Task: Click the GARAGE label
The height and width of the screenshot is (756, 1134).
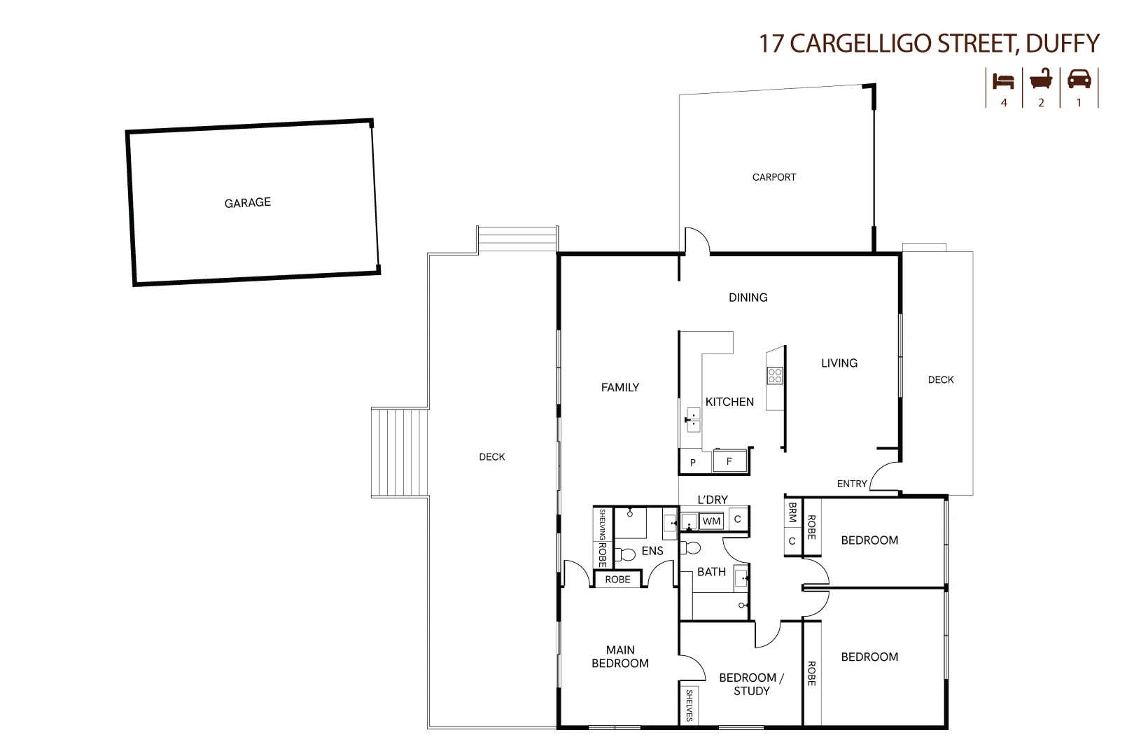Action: tap(247, 203)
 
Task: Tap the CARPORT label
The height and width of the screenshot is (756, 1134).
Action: tap(773, 177)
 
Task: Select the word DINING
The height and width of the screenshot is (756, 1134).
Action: tap(748, 297)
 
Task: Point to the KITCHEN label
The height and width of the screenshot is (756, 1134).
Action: tap(729, 402)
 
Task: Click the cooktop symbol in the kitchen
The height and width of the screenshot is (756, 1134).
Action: tap(775, 375)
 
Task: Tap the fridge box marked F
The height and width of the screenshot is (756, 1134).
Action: tap(729, 461)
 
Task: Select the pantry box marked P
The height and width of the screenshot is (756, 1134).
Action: tap(693, 463)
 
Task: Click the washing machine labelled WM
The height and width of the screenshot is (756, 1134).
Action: tap(711, 521)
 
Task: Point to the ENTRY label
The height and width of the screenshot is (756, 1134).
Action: tap(852, 484)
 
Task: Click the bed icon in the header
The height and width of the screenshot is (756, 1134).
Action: tap(1004, 80)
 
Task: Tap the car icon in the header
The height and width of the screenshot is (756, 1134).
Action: tap(1079, 79)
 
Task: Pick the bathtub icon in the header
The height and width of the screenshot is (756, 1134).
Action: tap(1041, 79)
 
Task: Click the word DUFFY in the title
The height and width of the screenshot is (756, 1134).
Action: tap(1062, 43)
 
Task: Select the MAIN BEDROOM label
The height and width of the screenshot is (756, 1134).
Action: tap(620, 657)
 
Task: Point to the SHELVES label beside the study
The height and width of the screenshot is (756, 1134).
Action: tap(689, 705)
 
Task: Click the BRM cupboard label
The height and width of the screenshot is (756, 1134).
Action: tap(792, 512)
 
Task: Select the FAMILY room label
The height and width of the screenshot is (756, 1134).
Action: tap(619, 387)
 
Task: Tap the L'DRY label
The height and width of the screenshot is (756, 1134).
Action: tap(713, 500)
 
